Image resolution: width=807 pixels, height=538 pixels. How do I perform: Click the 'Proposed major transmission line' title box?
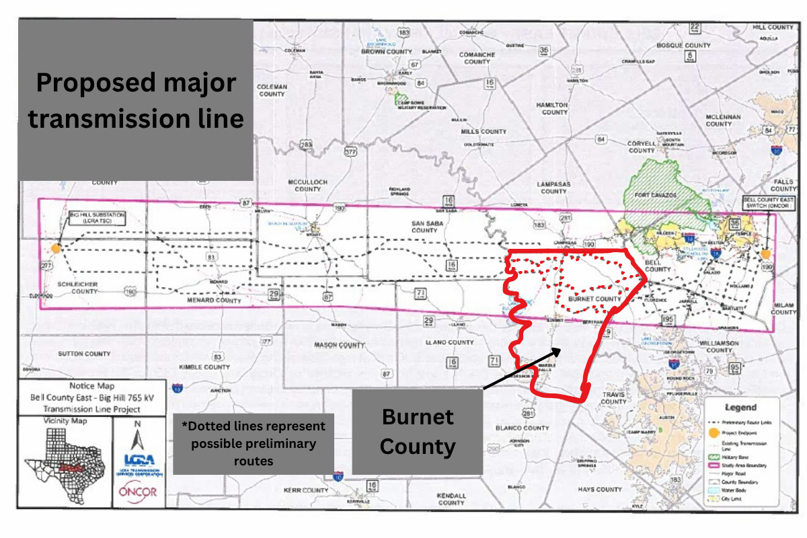coord(135,101)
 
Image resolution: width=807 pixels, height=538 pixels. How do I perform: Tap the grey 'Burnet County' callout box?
coord(418,431)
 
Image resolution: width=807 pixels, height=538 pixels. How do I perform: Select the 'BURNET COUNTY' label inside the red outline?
coord(595,298)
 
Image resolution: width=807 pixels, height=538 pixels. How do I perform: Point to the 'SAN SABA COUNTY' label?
coord(424,225)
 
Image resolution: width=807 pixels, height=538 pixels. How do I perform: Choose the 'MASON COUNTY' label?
coord(339,344)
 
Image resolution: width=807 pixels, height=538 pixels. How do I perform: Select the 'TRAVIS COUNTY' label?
coord(614,398)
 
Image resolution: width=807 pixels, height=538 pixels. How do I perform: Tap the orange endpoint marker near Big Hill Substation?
coord(56,248)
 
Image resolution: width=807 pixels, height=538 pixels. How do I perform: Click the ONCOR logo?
coord(137,492)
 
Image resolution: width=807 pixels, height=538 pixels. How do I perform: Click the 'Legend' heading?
coord(740,408)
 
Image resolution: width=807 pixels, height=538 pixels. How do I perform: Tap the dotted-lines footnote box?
coord(253,444)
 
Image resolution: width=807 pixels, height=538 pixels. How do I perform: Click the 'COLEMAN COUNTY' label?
coord(272,90)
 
